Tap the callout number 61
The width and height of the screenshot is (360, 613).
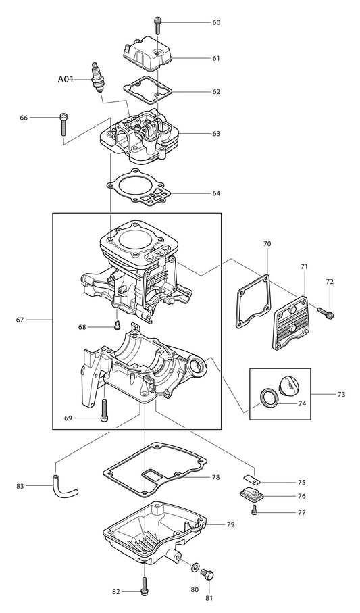tap(216, 59)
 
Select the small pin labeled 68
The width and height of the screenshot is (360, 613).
tap(116, 326)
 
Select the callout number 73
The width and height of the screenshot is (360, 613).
tap(340, 393)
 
